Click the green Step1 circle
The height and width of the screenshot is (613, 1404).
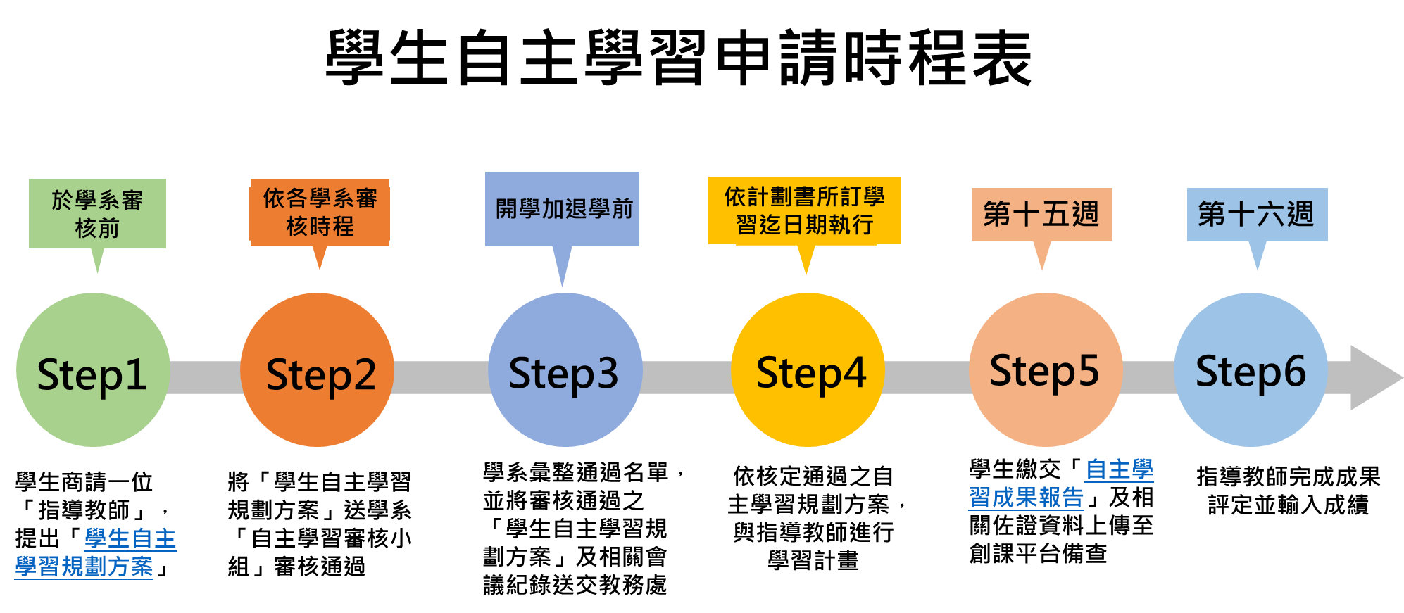pyautogui.click(x=92, y=370)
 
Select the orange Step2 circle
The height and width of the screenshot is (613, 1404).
pyautogui.click(x=317, y=370)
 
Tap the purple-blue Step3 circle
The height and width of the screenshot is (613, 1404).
pyautogui.click(x=565, y=370)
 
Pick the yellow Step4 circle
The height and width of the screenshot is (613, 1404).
pyautogui.click(x=808, y=370)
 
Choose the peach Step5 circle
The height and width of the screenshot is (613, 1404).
pyautogui.click(x=1046, y=370)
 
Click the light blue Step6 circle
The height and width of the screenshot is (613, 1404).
pyautogui.click(x=1251, y=370)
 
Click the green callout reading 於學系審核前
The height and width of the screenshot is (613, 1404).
pyautogui.click(x=97, y=213)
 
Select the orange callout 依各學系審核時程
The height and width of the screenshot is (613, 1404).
pyautogui.click(x=320, y=212)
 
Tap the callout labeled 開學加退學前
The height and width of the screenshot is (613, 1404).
pyautogui.click(x=563, y=209)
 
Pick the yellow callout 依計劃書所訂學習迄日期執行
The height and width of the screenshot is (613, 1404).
pyautogui.click(x=804, y=210)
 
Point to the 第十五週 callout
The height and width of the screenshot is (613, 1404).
pyautogui.click(x=1041, y=215)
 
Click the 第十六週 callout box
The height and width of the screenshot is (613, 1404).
pyautogui.click(x=1257, y=215)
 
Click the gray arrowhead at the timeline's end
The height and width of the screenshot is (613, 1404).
pyautogui.click(x=1373, y=377)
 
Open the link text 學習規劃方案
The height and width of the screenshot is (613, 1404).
pyautogui.click(x=84, y=567)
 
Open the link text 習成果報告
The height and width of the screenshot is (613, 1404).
pyautogui.click(x=1026, y=498)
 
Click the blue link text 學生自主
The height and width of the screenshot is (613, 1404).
pyautogui.click(x=130, y=539)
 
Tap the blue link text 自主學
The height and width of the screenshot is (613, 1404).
pyautogui.click(x=1120, y=469)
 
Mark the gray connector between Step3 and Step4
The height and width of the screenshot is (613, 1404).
pyautogui.click(x=687, y=377)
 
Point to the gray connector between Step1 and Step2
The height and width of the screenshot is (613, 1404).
pyautogui.click(x=205, y=377)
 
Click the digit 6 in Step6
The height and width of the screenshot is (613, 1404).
pyautogui.click(x=1294, y=371)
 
